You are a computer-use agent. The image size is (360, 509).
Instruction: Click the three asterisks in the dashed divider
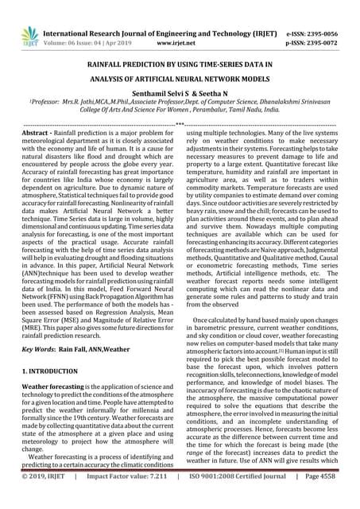click(180, 123)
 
